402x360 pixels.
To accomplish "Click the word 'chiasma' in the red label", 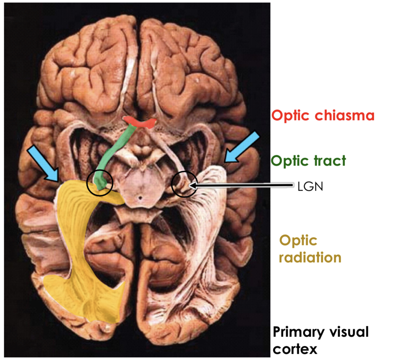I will pyautogui.click(x=345, y=115).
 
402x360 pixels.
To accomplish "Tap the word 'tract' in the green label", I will pyautogui.click(x=327, y=160).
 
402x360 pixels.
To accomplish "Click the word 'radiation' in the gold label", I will pyautogui.click(x=310, y=257).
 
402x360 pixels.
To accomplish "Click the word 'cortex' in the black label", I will pyautogui.click(x=295, y=349).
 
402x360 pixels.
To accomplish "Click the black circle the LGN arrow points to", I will pyautogui.click(x=184, y=184).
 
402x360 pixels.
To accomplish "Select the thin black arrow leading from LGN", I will pyautogui.click(x=241, y=186).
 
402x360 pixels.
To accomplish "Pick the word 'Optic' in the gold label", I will pyautogui.click(x=298, y=240).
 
